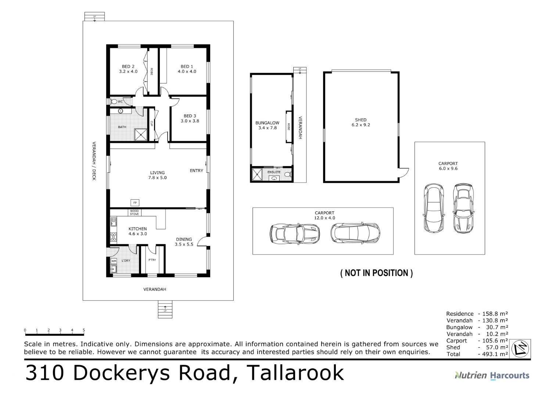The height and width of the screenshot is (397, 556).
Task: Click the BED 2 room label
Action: tap(128, 69)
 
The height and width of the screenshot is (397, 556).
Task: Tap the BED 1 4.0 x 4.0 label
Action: tap(187, 69)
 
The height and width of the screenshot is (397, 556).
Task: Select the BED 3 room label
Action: tap(190, 118)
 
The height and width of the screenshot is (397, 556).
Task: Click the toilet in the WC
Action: tap(114, 101)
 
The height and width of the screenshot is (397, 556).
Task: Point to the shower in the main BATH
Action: tap(141, 135)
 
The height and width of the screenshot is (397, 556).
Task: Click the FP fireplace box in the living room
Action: tap(135, 203)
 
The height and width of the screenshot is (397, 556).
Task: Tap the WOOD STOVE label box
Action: tap(134, 212)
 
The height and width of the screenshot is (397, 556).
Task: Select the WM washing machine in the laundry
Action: tap(114, 261)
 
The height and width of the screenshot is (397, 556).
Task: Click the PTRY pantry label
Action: tap(152, 260)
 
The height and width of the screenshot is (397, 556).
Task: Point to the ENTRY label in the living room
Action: tap(196, 171)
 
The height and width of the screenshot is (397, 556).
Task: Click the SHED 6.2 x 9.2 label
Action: tap(360, 122)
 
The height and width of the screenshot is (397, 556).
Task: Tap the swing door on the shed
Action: tap(404, 172)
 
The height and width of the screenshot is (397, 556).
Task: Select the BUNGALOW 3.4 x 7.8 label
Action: tap(267, 125)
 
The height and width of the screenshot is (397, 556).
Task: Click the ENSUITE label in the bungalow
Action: tap(274, 172)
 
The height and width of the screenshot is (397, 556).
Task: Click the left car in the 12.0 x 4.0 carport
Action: tap(295, 233)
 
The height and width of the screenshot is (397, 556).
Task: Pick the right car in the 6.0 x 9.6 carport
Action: tap(463, 208)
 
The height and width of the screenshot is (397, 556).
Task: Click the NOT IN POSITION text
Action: tap(376, 273)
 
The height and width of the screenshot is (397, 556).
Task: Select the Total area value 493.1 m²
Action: tap(493, 354)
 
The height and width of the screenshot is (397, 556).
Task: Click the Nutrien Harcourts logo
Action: tap(492, 375)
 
